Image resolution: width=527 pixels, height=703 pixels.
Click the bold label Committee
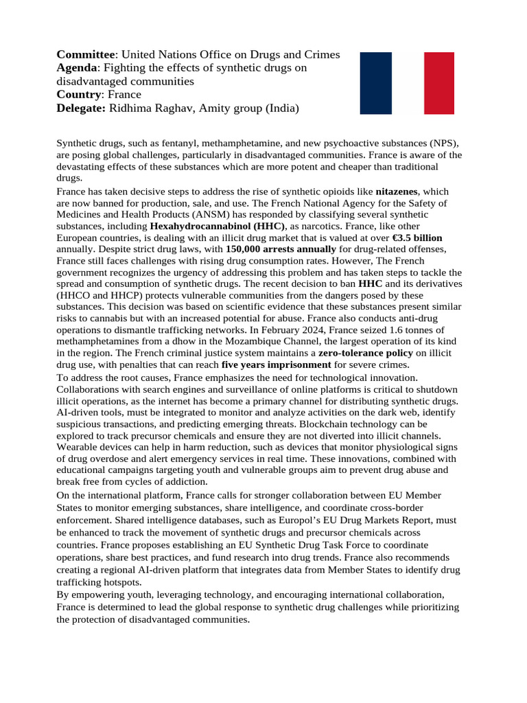coord(86,54)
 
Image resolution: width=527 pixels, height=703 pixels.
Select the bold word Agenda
coord(77,68)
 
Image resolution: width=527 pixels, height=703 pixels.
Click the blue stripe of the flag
coord(375,83)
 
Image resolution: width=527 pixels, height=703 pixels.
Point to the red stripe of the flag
coord(438,83)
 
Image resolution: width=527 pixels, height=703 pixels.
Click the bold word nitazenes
coord(397,191)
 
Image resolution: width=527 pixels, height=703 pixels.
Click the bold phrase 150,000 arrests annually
coord(281,249)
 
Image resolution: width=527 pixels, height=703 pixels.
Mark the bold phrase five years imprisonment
coord(277,365)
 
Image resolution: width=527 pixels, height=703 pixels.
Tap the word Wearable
coord(77,447)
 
